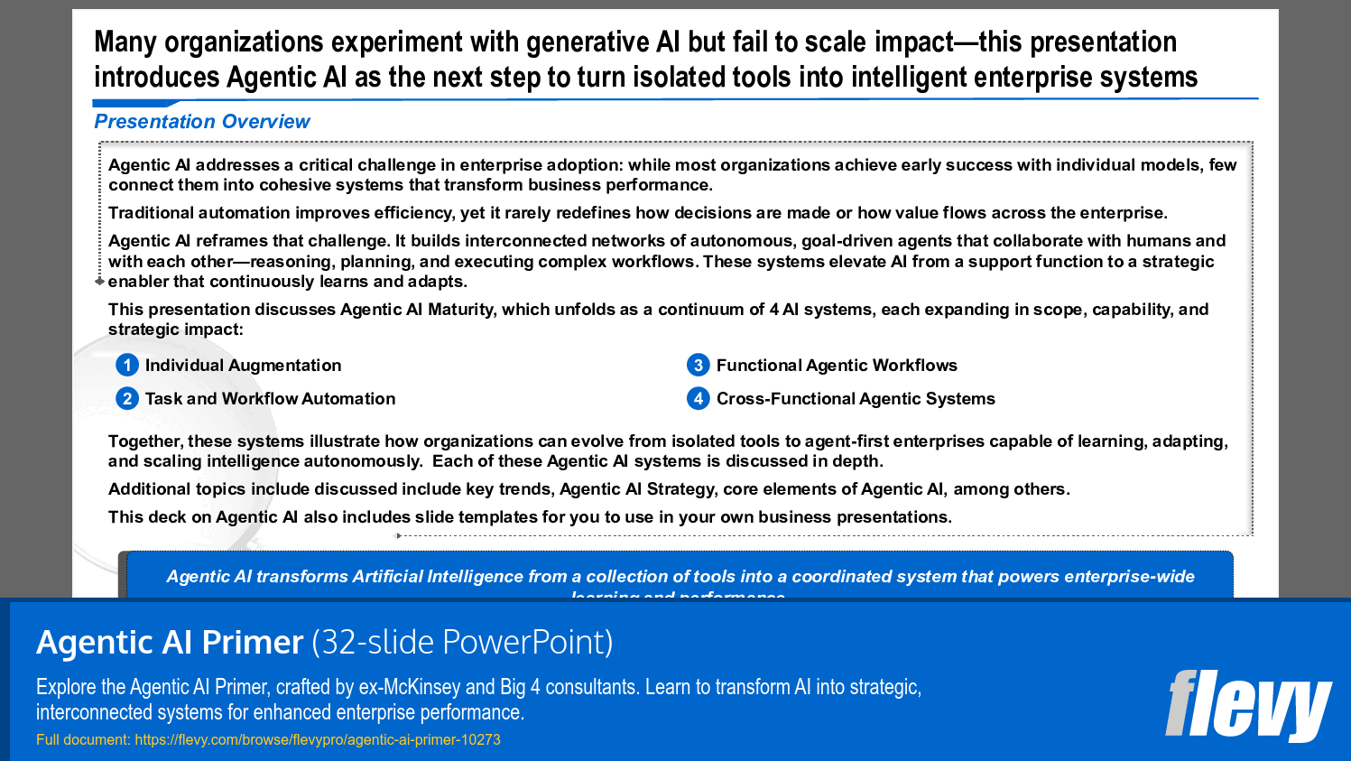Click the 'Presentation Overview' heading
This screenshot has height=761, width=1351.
(202, 122)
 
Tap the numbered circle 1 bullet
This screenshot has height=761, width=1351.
(127, 365)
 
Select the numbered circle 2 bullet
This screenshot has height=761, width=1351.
(127, 398)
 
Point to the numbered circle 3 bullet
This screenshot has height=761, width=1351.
(698, 365)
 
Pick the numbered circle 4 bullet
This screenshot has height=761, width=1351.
(698, 398)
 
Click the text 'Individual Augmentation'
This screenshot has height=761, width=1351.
(243, 366)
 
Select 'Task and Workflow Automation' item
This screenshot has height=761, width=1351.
(270, 399)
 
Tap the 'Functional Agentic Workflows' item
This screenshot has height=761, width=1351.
(837, 366)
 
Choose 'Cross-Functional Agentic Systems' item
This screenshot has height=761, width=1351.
(856, 399)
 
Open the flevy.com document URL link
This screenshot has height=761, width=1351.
(317, 739)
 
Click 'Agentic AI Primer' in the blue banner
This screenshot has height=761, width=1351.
(170, 642)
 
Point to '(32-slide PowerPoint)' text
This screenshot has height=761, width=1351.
(462, 642)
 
